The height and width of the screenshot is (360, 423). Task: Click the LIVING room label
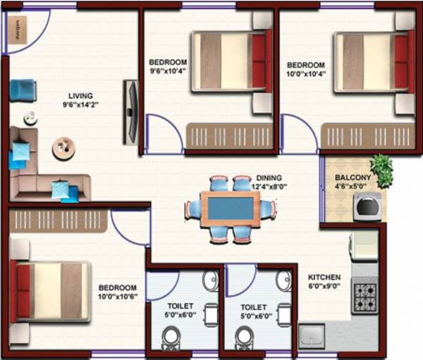pos(80,96)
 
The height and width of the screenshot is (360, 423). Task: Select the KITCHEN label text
pos(324,277)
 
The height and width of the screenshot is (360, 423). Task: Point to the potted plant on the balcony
pos(381,170)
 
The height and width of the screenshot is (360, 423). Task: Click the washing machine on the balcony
pos(368,207)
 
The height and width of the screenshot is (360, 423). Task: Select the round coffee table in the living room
pos(63,147)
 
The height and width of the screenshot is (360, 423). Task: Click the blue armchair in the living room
pos(23,89)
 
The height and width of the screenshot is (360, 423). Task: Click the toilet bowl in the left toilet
pos(172,339)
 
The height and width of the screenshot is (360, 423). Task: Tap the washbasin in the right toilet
pos(283,280)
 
